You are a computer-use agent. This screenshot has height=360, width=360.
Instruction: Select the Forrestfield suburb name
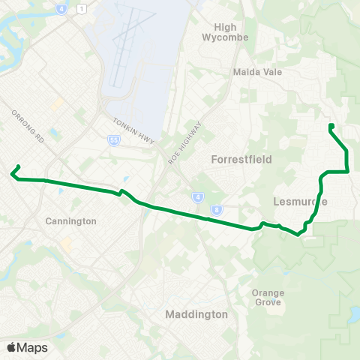[x=241, y=160]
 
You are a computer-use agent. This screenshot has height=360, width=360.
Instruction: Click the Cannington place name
[x=70, y=221]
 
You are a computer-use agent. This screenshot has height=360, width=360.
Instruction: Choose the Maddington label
[x=196, y=314]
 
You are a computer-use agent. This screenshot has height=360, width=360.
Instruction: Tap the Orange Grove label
[x=268, y=297]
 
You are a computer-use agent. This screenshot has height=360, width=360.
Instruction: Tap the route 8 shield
[x=217, y=209]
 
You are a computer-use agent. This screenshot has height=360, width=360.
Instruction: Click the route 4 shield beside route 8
[x=199, y=197]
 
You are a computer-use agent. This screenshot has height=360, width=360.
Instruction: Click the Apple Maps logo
[x=27, y=347]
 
